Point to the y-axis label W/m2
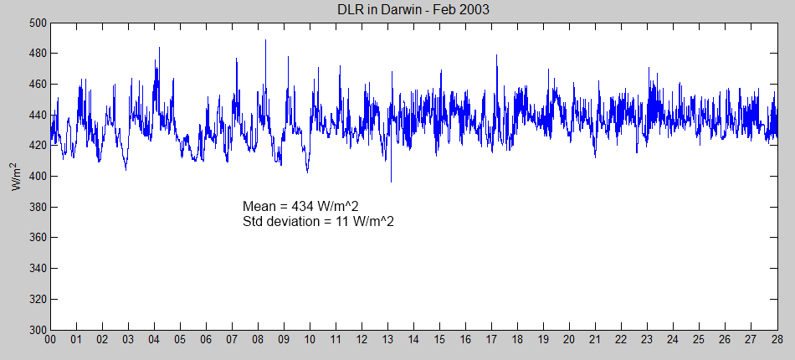17,177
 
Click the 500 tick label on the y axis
36,23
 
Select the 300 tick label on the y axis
36,330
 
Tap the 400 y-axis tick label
36,177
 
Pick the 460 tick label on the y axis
36,85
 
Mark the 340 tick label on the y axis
36,269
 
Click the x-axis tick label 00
50,340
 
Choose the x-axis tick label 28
777,340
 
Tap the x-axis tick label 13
387,340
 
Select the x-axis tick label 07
232,340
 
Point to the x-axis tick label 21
595,340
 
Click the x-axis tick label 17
491,340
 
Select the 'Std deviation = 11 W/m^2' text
318,222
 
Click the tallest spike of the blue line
265,40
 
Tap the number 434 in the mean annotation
295,207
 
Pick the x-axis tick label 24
673,340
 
